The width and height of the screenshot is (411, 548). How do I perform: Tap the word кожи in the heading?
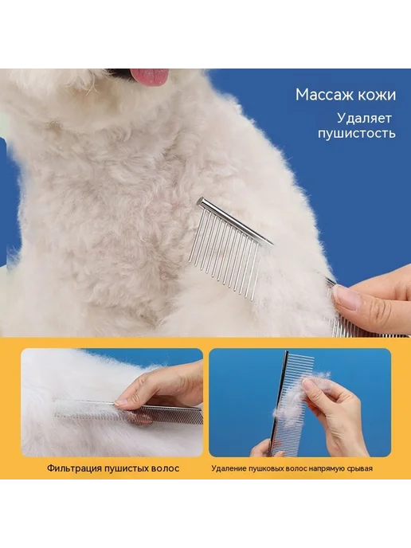(373, 95)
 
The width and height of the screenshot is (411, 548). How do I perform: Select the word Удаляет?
(364, 119)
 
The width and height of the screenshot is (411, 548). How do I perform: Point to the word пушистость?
(357, 134)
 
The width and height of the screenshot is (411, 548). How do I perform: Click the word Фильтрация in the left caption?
(73, 468)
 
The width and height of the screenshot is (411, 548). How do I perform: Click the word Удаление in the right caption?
(229, 468)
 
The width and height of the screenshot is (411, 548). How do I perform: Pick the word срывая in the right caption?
(360, 468)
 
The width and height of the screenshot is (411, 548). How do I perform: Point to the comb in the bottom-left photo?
(128, 413)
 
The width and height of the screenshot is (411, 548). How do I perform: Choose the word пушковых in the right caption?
(266, 468)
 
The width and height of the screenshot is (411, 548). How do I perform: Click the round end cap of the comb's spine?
(201, 202)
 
